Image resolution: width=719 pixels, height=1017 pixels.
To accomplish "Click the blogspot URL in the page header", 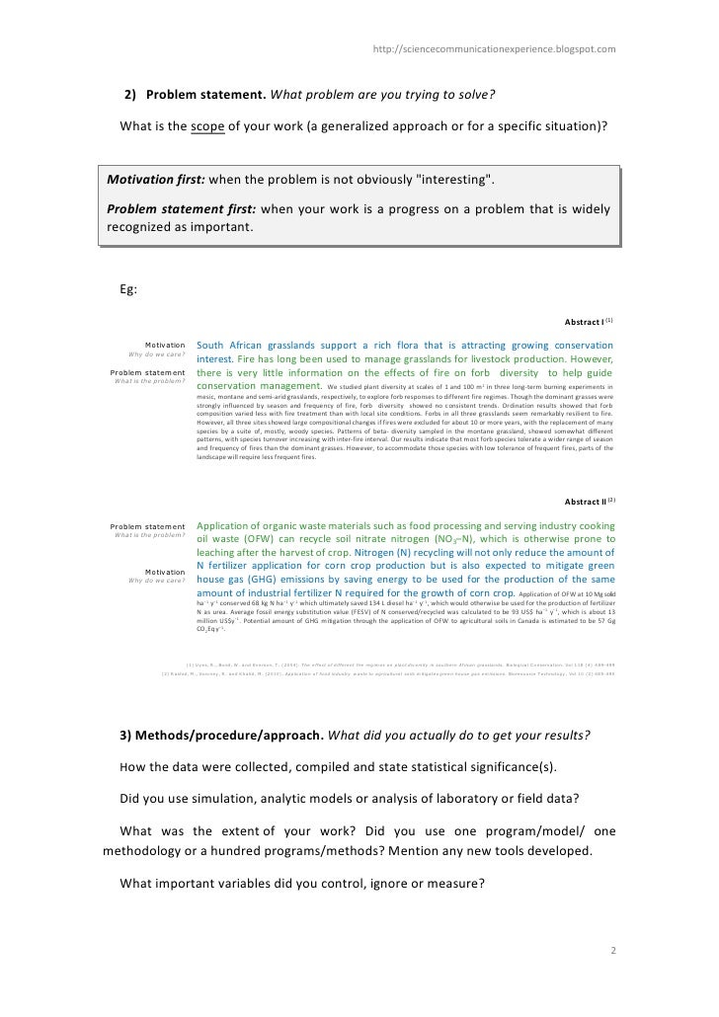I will pyautogui.click(x=503, y=47).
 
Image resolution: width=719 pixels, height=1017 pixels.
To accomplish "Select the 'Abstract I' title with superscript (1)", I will pyautogui.click(x=589, y=322).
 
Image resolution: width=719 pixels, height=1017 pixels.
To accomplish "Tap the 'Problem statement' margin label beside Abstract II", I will pyautogui.click(x=147, y=525).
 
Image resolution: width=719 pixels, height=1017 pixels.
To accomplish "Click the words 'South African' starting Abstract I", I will pyautogui.click(x=236, y=345).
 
